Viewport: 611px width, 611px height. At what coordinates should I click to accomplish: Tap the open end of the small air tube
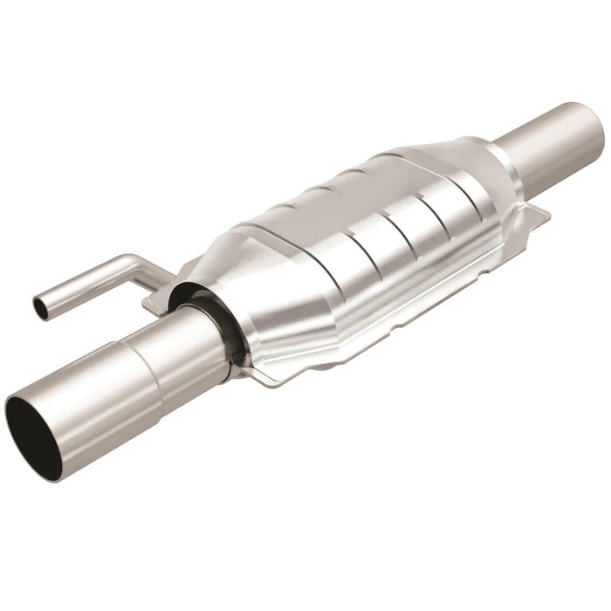41,306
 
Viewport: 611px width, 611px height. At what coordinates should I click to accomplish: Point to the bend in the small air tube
131,264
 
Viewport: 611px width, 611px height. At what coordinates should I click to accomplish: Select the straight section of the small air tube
83,285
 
